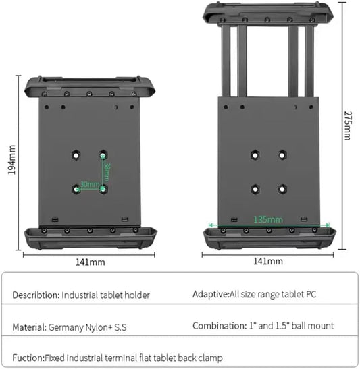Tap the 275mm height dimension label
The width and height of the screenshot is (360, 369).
[348, 125]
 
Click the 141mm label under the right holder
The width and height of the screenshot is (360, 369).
[267, 261]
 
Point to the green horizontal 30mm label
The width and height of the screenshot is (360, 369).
[88, 183]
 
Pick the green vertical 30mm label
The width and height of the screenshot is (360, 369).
[107, 173]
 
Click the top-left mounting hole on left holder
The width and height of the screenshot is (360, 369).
[76, 154]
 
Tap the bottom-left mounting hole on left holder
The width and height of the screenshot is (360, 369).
[76, 189]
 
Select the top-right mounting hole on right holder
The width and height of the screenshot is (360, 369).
[282, 154]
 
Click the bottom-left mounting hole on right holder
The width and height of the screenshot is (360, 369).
[255, 188]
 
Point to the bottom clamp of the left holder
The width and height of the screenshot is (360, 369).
[91, 237]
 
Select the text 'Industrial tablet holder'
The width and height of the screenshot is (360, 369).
[106, 295]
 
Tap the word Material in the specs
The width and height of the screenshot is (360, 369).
[28, 327]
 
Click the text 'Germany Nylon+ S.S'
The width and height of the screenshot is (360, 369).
[88, 327]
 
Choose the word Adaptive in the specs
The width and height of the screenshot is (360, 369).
[210, 295]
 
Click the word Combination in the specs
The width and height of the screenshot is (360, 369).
[217, 326]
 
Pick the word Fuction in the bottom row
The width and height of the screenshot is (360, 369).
[27, 358]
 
